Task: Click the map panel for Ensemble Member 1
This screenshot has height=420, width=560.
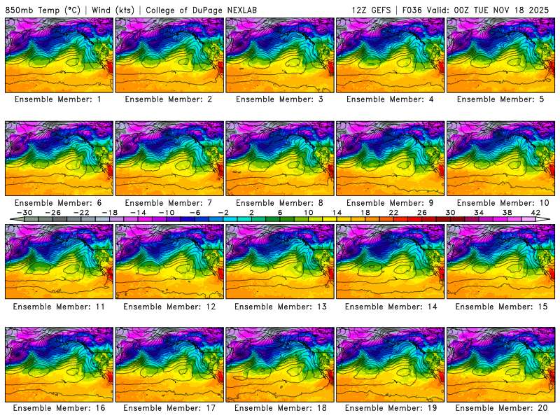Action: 59,55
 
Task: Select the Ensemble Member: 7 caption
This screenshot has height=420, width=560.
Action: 169,203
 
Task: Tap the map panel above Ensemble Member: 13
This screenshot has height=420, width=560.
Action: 280,261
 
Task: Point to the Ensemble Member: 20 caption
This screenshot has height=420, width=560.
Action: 501,408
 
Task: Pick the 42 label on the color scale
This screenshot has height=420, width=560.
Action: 535,212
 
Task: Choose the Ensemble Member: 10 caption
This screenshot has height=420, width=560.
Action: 501,203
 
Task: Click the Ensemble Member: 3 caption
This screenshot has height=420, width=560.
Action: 279,99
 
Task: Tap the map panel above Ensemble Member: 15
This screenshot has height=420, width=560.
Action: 501,261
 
